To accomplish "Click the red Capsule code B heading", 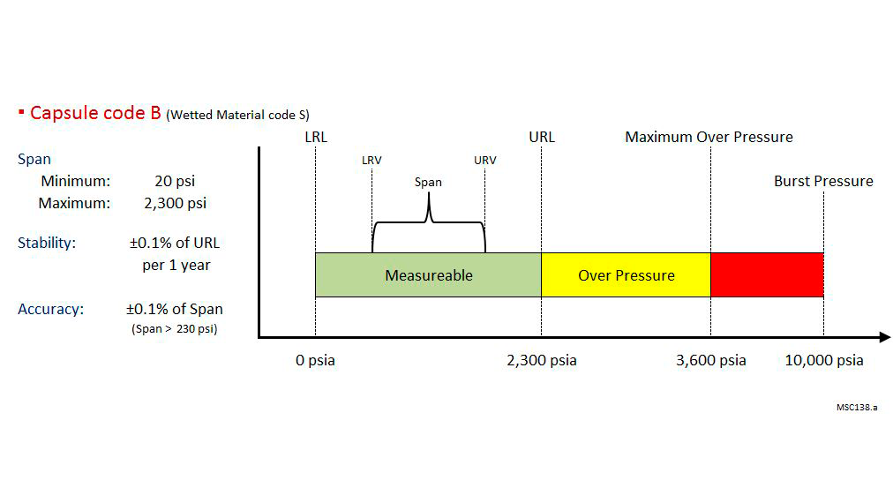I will click(x=95, y=113).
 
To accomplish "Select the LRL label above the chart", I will click(x=315, y=137).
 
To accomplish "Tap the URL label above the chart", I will click(x=542, y=137).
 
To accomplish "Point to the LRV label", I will click(x=371, y=161).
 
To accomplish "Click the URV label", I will click(x=484, y=161).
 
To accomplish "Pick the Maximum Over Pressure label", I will click(x=709, y=137).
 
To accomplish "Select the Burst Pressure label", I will click(x=823, y=182).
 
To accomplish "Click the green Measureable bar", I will click(x=428, y=275).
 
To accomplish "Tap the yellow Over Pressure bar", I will click(x=626, y=275).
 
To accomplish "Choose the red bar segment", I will click(x=767, y=275).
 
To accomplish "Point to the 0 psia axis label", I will click(x=315, y=360).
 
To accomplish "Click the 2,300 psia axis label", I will click(x=542, y=360).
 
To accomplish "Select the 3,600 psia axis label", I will click(x=710, y=360).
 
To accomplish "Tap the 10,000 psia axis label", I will click(x=824, y=360).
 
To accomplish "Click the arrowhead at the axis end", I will click(x=884, y=336).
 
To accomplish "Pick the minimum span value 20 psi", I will click(x=175, y=182).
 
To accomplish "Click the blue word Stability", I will click(x=47, y=243).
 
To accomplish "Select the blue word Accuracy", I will click(x=50, y=309).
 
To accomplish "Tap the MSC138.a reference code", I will click(x=856, y=408).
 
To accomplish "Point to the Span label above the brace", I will click(x=428, y=183).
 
